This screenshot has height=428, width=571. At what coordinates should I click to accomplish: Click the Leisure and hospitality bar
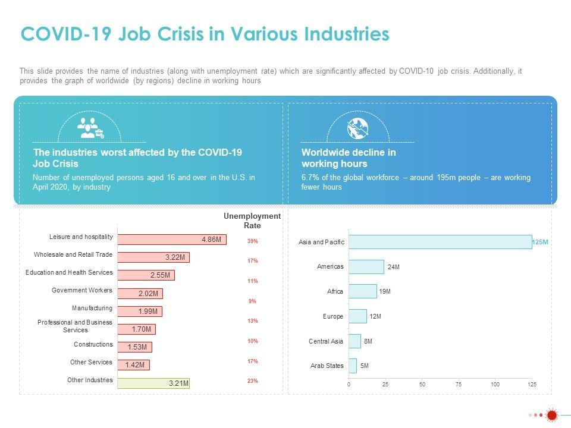coord(171,239)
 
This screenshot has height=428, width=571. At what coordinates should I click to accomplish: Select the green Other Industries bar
coord(153,383)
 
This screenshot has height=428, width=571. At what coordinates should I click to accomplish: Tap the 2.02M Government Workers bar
coord(140,293)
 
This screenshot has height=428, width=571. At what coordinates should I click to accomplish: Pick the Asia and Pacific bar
coord(440,242)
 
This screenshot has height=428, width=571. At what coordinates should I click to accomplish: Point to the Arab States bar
coord(353,366)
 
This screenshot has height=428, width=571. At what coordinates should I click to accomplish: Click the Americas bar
coord(366,267)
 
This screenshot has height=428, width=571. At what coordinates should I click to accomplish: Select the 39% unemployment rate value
coord(253,241)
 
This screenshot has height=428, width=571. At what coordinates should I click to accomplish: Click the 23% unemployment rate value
coord(253,381)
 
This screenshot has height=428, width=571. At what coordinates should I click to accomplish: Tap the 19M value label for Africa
coord(385,292)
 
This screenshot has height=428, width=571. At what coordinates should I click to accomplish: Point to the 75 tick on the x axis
coord(459,385)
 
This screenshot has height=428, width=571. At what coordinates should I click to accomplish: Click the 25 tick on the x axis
coord(385,385)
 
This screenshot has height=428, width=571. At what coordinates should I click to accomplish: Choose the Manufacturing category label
coord(92,308)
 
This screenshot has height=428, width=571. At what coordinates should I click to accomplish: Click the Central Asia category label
coord(326,341)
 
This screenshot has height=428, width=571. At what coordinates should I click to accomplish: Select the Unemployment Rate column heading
coord(252,221)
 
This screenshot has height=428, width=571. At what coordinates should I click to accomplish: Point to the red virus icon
coord(551,415)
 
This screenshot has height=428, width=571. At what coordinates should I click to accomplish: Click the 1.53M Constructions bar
coord(135,347)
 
